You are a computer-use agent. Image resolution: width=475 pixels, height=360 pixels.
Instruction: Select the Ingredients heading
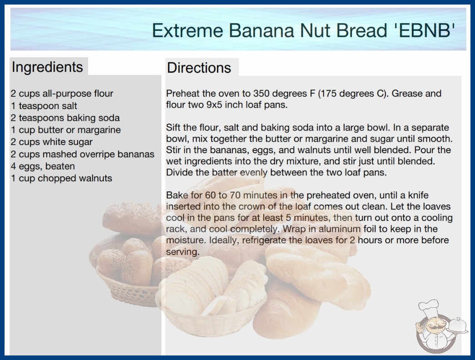(47, 67)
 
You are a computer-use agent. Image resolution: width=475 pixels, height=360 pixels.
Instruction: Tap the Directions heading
(199, 68)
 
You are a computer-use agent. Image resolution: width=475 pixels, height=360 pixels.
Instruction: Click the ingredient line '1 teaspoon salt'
(44, 105)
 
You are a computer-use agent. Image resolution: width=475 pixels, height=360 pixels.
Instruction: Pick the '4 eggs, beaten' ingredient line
(43, 166)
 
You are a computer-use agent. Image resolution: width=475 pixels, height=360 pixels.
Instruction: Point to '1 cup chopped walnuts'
(61, 178)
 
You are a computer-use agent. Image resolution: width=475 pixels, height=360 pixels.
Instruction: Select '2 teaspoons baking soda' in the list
(65, 118)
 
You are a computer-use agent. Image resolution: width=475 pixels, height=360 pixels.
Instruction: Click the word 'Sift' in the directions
(173, 127)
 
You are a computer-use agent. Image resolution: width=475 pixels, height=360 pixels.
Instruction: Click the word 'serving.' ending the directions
(183, 251)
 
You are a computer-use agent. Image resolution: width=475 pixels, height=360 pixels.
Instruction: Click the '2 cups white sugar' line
(51, 142)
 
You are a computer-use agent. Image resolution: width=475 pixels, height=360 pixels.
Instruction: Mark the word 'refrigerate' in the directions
(264, 240)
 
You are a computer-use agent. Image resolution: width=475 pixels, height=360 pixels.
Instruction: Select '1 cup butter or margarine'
(66, 130)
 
